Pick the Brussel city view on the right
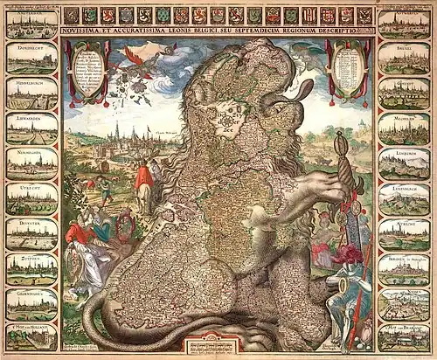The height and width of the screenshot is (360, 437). [404, 59]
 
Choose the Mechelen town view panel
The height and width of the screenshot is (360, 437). [404, 128]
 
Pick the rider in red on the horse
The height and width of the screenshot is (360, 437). [144, 179]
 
